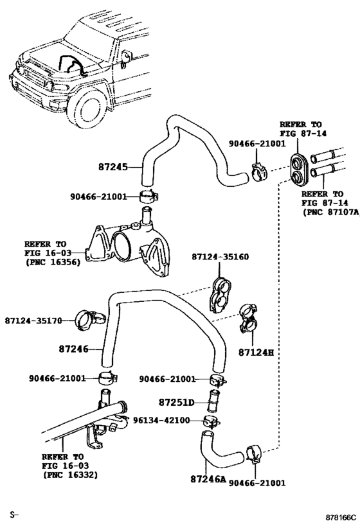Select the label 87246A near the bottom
[x=208, y=478]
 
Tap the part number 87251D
[x=176, y=403]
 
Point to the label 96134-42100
[x=162, y=421]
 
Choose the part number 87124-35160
[x=220, y=257]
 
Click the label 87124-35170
[x=33, y=320]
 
